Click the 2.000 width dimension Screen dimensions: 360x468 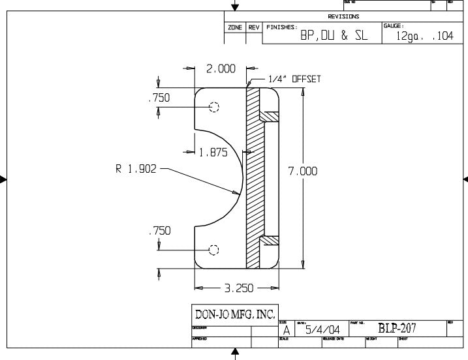tap(221, 69)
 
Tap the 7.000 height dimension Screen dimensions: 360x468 tap(303, 172)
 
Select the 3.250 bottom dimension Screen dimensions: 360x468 tap(238, 287)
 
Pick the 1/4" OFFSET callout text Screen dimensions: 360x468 tap(293, 78)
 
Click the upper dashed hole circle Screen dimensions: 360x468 tap(213, 108)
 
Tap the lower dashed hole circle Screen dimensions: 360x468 tap(213, 250)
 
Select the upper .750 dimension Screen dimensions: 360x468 tap(159, 98)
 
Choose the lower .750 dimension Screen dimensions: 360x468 tap(159, 231)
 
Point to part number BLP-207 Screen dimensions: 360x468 tap(397, 328)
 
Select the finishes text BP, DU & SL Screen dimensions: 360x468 tap(334, 37)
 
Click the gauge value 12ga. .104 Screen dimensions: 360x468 tap(424, 37)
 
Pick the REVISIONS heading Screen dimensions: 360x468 tap(343, 17)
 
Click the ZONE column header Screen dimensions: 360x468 tap(235, 27)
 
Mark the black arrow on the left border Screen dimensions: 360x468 tap(4, 179)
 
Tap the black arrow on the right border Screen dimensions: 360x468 tap(465, 179)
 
